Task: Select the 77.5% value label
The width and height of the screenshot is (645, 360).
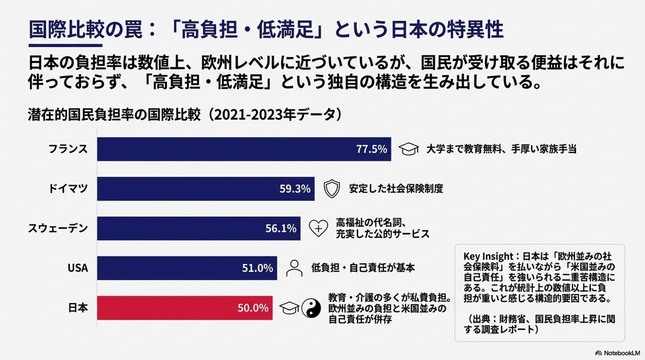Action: click(x=371, y=149)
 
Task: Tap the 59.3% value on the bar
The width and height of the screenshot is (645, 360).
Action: click(x=295, y=189)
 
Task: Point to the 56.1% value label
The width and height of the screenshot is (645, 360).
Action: click(x=281, y=228)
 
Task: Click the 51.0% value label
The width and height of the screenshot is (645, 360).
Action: click(x=257, y=268)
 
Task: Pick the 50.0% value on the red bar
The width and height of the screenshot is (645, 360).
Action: click(x=253, y=308)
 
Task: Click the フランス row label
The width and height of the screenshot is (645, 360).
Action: click(x=68, y=149)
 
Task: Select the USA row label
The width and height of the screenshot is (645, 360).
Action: click(x=78, y=268)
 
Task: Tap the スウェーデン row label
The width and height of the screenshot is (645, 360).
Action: click(x=58, y=228)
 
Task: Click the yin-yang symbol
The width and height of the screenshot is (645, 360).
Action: click(x=311, y=308)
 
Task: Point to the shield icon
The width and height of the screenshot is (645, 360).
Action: click(x=332, y=188)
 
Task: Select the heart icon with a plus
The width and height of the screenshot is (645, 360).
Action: click(x=318, y=228)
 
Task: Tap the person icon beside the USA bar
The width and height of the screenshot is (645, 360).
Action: click(x=294, y=268)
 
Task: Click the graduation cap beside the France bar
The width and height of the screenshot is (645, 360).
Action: click(x=408, y=149)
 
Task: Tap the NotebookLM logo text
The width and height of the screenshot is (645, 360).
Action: click(x=621, y=353)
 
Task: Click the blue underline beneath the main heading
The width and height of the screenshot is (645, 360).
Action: click(x=65, y=45)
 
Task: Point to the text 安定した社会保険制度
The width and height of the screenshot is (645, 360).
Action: click(x=396, y=189)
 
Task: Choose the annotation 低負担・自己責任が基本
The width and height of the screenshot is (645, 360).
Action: click(x=363, y=268)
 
